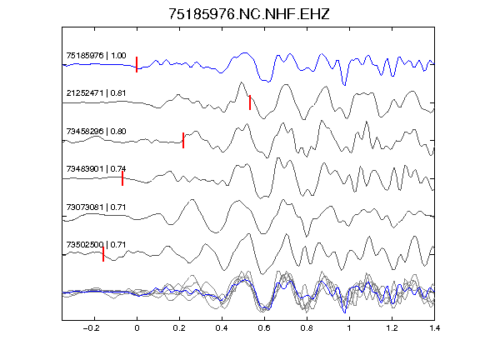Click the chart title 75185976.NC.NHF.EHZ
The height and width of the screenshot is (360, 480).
249,14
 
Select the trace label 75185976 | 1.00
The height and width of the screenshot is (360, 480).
96,56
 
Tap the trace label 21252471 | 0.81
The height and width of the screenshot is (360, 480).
96,93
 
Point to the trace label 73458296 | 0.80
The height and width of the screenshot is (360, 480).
96,132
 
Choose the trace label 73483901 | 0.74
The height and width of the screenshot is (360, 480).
96,169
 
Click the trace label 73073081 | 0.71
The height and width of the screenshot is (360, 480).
96,207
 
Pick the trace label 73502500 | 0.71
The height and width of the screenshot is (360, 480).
96,245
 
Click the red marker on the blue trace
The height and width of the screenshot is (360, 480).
137,65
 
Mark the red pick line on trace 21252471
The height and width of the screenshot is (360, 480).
250,102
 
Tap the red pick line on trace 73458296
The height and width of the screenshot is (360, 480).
183,141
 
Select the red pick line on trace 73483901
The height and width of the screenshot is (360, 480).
122,178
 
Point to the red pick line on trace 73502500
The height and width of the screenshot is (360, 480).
103,254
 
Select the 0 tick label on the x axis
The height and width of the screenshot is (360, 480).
137,328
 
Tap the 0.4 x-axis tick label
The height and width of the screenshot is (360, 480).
222,328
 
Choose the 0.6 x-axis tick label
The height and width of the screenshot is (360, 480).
264,328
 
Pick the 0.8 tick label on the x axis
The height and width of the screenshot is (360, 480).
307,328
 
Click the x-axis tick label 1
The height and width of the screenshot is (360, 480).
349,328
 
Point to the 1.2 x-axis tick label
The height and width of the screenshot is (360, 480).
392,328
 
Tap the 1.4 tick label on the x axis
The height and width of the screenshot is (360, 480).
434,328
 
